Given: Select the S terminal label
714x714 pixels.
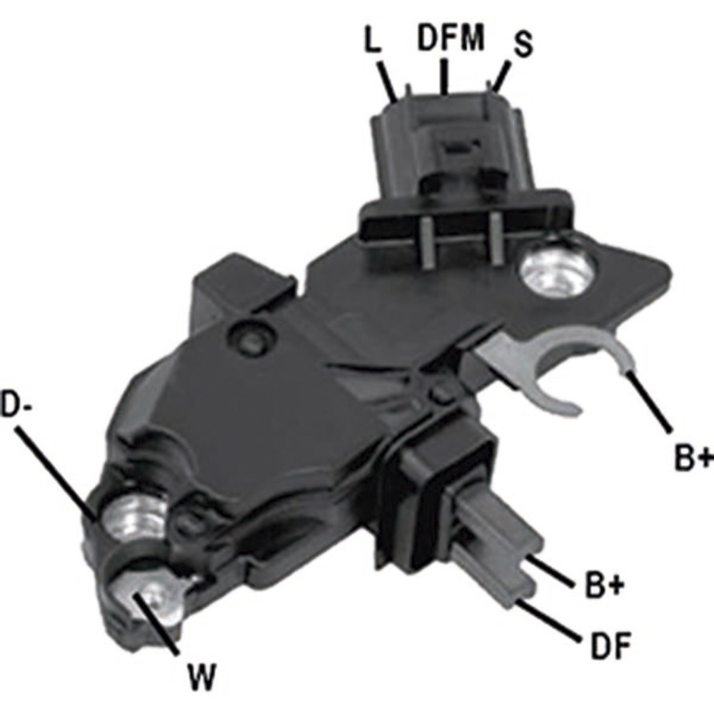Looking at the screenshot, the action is (x=523, y=44).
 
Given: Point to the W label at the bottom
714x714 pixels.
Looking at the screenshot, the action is (x=201, y=678).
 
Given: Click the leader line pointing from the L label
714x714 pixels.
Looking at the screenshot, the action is (x=388, y=80).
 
